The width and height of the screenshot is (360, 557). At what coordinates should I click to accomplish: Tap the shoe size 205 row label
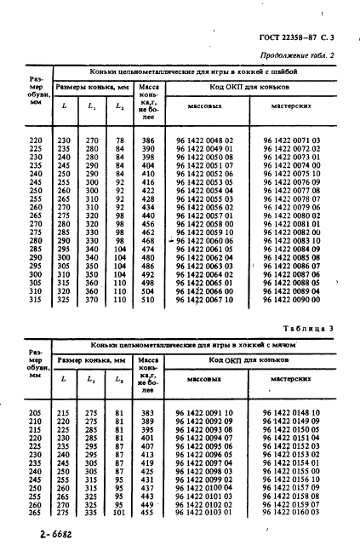tap(34, 412)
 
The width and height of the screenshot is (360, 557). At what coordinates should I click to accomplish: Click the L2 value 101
tap(119, 514)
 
